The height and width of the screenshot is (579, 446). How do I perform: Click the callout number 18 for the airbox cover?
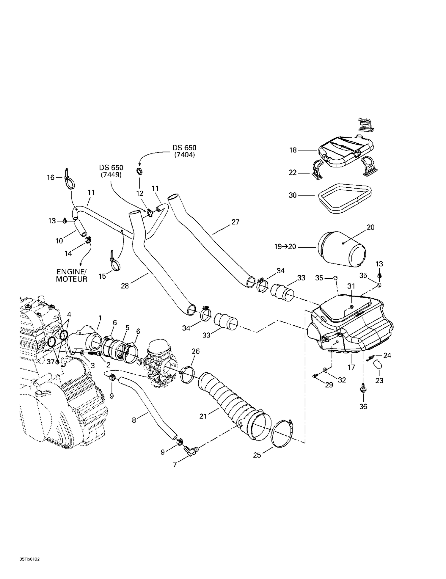point(293,150)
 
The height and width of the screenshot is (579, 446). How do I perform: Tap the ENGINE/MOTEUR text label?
point(71,275)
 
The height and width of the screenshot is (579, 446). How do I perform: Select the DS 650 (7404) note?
point(184,151)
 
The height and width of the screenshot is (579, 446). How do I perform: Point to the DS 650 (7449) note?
point(111,171)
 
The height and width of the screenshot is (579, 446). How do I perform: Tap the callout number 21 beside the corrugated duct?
point(203,416)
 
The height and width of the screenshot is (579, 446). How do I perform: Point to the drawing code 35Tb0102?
point(29,559)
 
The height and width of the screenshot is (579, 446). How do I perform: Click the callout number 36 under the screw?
point(363,407)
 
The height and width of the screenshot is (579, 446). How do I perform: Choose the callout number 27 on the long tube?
point(235,222)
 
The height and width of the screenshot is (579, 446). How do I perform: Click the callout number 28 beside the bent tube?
point(125,286)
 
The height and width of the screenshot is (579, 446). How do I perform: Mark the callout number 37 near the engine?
point(51,362)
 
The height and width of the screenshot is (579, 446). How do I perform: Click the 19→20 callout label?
point(285,247)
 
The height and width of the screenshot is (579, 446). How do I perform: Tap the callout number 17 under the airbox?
point(351,367)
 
